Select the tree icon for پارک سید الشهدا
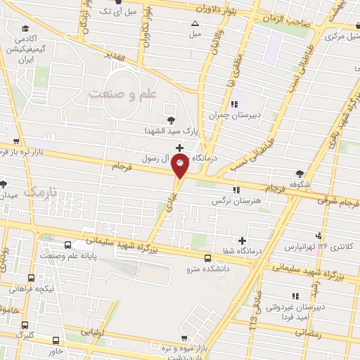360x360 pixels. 170,119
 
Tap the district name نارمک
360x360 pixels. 39,191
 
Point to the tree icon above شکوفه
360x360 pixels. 300,173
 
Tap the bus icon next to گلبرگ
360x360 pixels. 26,325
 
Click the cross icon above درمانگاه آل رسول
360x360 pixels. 180,148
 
